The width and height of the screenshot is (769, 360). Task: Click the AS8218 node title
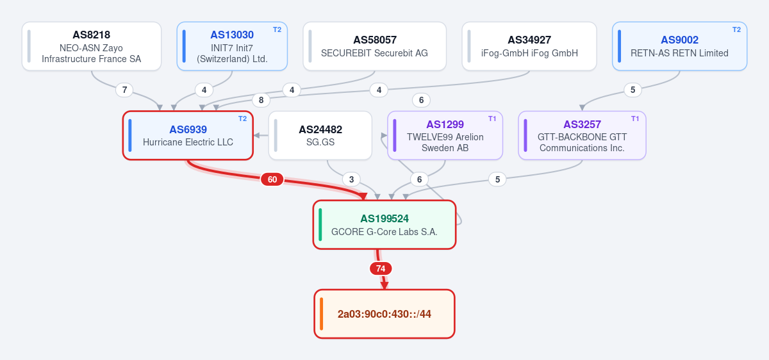coord(91,35)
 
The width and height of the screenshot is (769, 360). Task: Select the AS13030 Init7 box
coord(232,46)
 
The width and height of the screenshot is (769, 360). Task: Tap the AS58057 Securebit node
coord(374,46)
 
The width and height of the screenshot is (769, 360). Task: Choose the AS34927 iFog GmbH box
coord(529,46)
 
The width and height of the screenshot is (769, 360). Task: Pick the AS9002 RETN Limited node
coord(679,46)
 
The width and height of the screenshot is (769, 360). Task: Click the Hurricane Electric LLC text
coord(188,142)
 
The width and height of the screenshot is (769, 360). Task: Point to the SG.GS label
coord(320,142)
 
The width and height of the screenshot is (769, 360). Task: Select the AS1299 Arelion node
coord(445,136)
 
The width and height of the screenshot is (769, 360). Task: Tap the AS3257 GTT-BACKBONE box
coord(582,136)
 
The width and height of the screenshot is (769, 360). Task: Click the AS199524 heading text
coord(384,218)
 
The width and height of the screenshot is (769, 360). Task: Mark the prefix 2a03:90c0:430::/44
coord(384,314)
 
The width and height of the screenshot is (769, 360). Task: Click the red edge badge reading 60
coord(272,179)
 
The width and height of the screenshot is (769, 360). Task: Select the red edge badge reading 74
coord(381,268)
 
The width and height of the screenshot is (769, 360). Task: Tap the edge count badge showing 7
coord(124,90)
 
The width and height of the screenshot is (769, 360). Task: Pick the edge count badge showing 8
coord(261,100)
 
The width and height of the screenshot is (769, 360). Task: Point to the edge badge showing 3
coord(351,179)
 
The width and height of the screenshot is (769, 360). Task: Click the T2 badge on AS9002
coord(736,30)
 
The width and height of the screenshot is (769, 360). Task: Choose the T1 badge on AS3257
coord(635,119)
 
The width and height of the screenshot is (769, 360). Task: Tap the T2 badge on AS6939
coord(242,119)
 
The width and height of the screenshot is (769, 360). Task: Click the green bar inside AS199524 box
coord(320,225)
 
